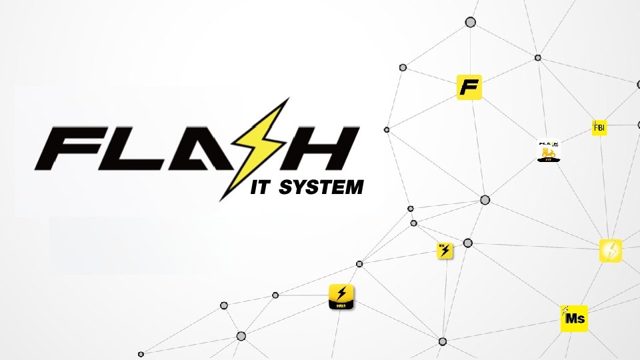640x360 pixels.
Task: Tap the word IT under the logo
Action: [259, 188]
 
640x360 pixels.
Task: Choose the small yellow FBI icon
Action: [599, 127]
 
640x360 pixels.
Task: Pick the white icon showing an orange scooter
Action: [548, 151]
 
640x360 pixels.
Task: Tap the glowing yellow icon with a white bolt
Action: [610, 251]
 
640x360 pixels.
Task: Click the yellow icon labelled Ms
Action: [573, 319]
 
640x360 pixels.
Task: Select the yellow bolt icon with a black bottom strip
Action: [341, 296]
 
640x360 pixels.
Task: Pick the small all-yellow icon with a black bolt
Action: [445, 251]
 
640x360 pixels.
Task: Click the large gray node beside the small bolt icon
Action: [468, 243]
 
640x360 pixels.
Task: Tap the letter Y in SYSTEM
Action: [296, 188]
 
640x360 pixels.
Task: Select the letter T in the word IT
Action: [265, 188]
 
